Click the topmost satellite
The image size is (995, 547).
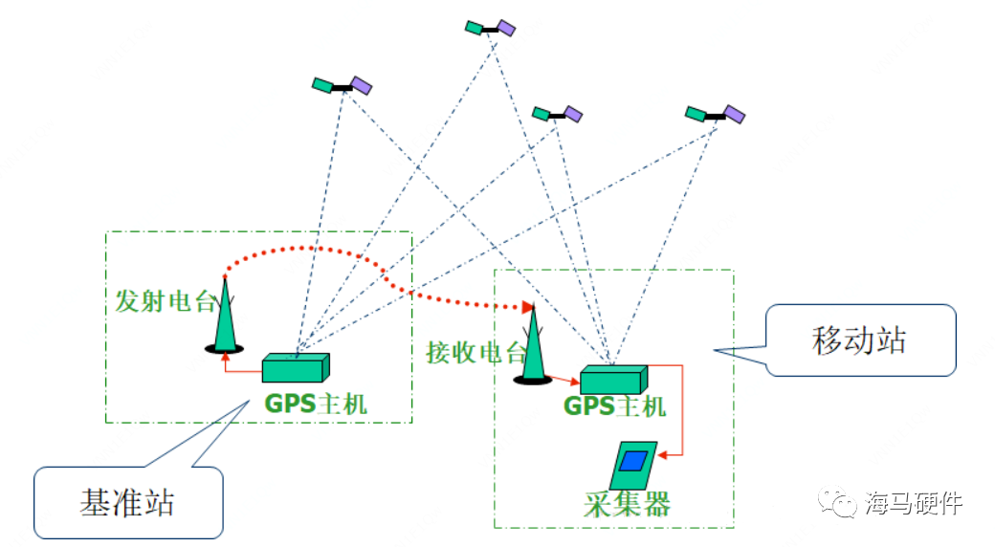click(490, 29)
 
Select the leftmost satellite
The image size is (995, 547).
click(342, 86)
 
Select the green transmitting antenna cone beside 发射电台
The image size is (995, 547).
click(225, 316)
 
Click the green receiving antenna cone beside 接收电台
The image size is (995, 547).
click(532, 344)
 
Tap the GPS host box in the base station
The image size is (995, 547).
click(296, 367)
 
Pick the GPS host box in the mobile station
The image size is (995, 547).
click(612, 379)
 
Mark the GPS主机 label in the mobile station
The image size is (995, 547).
click(614, 406)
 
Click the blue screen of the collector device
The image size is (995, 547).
click(632, 461)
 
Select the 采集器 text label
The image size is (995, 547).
click(627, 504)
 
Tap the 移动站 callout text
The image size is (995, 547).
click(858, 339)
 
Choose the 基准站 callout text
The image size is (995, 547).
click(127, 501)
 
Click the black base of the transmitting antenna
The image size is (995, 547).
click(225, 348)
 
